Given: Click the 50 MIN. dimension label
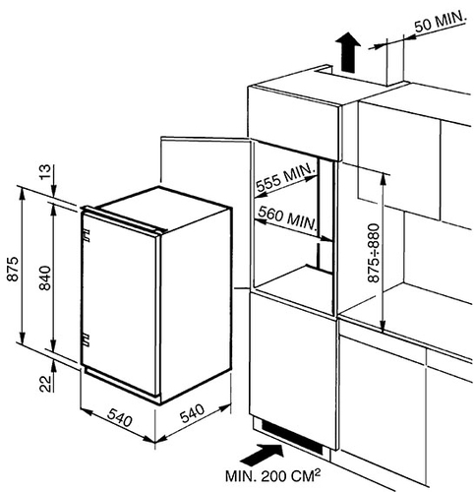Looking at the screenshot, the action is tap(440, 20).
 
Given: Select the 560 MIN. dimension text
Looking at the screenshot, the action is tap(287, 218).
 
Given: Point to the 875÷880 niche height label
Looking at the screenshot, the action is tap(374, 253).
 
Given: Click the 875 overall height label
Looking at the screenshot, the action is tap(13, 269).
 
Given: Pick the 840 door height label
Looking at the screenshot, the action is tap(45, 278).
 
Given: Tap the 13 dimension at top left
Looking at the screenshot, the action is tap(46, 171).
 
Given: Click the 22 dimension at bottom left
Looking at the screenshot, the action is tap(46, 384).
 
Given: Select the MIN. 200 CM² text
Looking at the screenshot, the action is tap(272, 476).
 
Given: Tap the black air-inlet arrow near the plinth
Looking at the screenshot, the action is tap(263, 453).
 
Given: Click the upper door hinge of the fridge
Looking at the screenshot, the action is tap(86, 236).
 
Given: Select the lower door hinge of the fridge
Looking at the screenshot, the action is tap(86, 339).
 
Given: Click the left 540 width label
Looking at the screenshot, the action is tap(119, 417).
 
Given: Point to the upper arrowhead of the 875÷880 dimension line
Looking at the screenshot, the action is tap(383, 179).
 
